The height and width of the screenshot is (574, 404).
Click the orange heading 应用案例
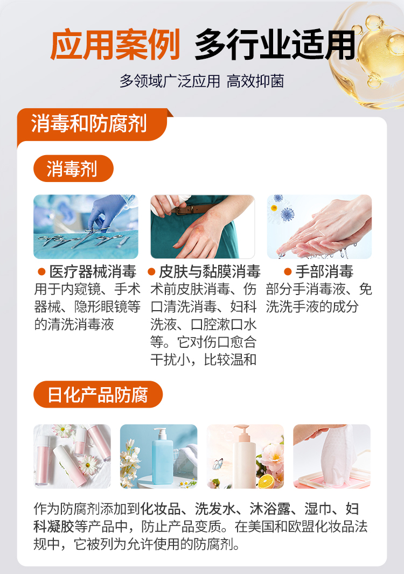(x=115, y=45)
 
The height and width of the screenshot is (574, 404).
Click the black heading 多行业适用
(x=275, y=45)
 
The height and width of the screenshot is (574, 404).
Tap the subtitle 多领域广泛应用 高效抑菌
(x=202, y=81)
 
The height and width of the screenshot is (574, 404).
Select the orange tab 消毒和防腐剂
(x=89, y=124)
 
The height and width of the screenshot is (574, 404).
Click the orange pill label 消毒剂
(x=73, y=169)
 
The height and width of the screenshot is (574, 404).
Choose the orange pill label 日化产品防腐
(x=98, y=395)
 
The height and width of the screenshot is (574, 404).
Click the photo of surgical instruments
(x=86, y=227)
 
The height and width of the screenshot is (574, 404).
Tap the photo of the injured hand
(x=203, y=227)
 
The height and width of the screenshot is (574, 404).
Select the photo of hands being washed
(x=319, y=227)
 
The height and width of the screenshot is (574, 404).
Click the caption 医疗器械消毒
(x=93, y=272)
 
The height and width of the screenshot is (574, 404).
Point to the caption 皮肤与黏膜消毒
(x=210, y=272)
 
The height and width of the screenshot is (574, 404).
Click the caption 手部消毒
(x=324, y=272)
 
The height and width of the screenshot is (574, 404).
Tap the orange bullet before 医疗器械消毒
(x=41, y=272)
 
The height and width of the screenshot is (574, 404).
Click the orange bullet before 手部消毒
(x=288, y=272)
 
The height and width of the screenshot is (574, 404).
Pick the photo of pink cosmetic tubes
(x=72, y=457)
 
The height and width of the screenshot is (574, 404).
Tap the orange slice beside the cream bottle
(x=266, y=481)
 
